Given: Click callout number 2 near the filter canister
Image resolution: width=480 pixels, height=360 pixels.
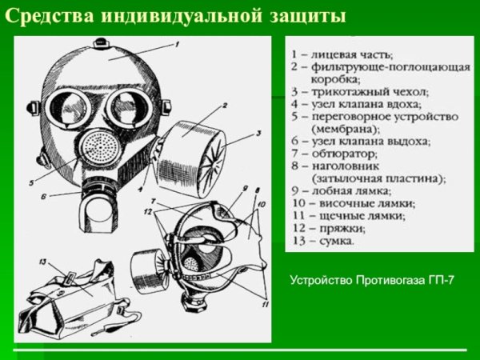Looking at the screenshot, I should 225,105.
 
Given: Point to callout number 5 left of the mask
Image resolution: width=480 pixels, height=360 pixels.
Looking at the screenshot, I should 31,182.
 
